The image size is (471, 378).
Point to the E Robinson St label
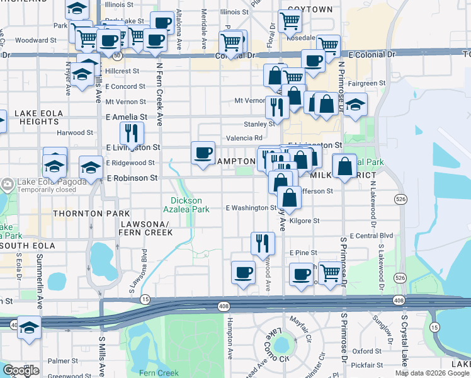[132, 178]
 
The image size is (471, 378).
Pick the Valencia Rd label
[244, 138]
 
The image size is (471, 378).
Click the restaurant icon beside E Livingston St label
[132, 134]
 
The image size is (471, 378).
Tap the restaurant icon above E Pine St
[263, 243]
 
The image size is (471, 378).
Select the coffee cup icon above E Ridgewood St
[203, 154]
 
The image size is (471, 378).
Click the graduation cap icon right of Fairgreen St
[355, 105]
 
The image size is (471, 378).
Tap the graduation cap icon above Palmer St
[28, 328]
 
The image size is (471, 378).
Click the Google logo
[21, 370]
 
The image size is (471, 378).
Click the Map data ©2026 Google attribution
[432, 373]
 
